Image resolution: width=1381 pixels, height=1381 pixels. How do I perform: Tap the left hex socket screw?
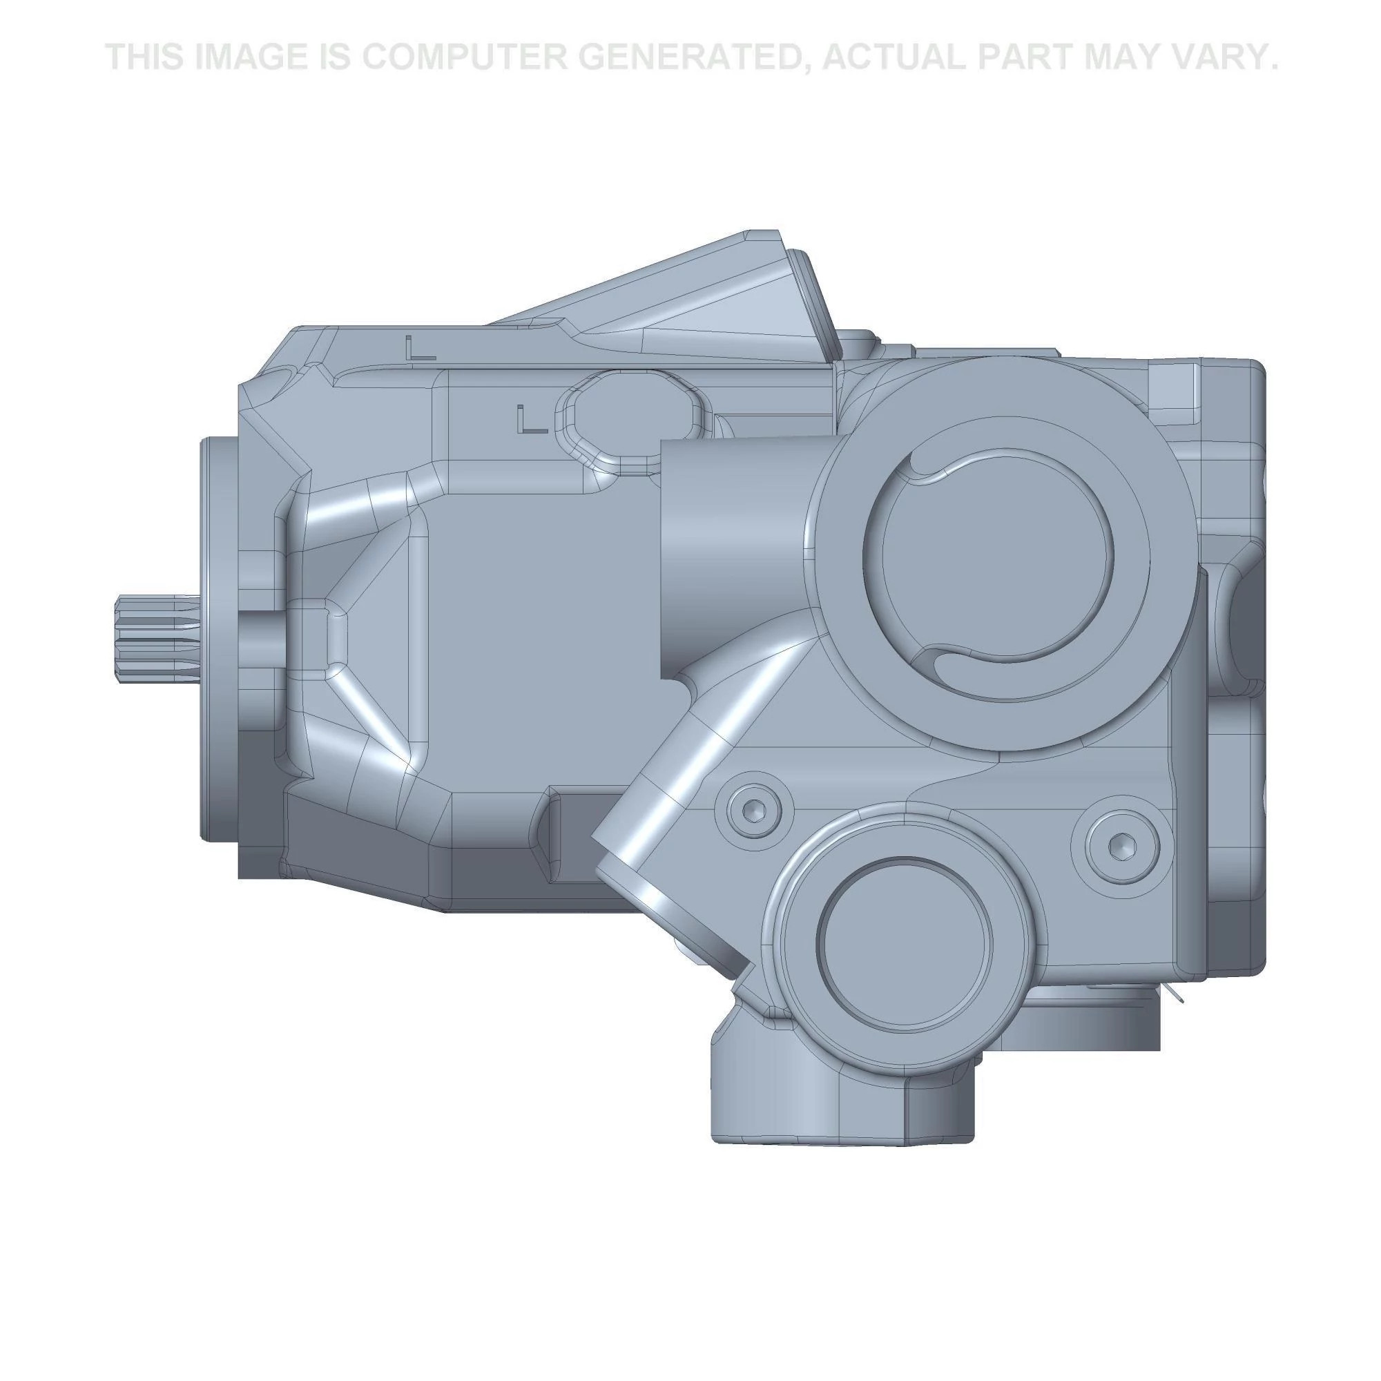[756, 809]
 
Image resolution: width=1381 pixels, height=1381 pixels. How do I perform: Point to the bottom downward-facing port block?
[844, 1101]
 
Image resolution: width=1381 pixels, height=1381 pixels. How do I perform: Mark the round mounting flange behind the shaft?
[218, 640]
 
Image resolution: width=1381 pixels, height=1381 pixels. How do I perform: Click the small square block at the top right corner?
[1172, 384]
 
